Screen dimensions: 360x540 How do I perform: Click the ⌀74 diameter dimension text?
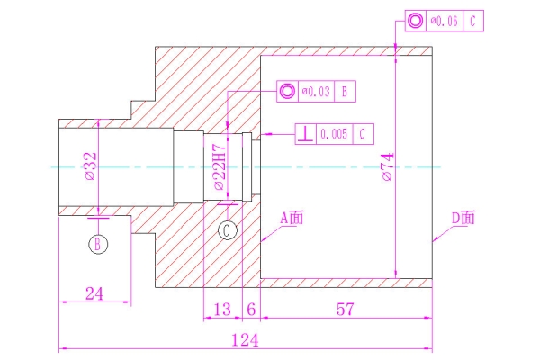[x=386, y=167]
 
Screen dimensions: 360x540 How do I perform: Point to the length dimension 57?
[x=344, y=309]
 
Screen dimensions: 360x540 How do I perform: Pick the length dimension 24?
[x=94, y=292]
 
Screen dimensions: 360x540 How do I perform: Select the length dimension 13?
[x=221, y=309]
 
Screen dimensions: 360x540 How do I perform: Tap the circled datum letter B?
[x=98, y=243]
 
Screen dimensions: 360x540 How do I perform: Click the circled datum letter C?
[x=229, y=230]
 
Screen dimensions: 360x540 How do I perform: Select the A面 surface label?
[x=292, y=218]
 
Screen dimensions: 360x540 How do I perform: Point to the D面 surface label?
[x=463, y=218]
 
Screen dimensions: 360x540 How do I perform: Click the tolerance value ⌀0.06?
[x=445, y=20]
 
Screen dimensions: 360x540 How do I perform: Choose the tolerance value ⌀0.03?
[x=318, y=91]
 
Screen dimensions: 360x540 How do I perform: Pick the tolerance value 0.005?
[x=333, y=134]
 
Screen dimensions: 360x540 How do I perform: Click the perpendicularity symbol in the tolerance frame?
[x=307, y=134]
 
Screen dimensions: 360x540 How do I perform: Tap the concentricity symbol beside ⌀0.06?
[x=415, y=20]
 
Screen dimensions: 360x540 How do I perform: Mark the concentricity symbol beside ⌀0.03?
[x=287, y=91]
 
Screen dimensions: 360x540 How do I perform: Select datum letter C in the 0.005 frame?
[x=361, y=134]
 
